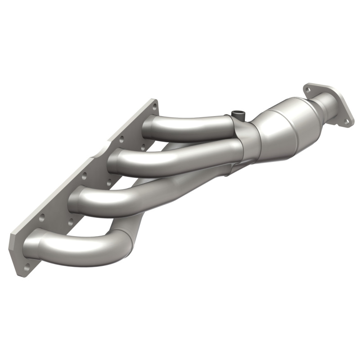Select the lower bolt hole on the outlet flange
coord(346,121)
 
